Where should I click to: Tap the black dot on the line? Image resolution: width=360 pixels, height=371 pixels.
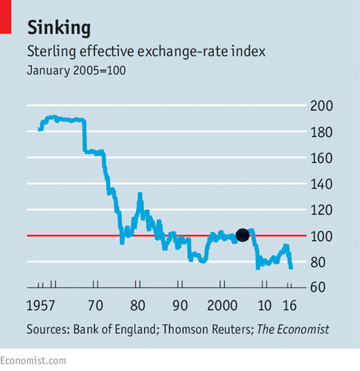coord(242,235)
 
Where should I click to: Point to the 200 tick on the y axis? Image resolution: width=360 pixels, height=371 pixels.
coord(321,106)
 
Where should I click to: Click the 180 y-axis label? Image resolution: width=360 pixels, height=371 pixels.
coord(321,132)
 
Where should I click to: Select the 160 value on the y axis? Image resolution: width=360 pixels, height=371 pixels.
coord(321,158)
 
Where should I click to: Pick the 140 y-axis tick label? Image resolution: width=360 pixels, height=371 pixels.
coord(321,184)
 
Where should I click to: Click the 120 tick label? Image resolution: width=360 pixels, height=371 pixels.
coord(321,211)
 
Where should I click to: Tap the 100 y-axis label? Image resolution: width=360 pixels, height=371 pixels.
coord(321,237)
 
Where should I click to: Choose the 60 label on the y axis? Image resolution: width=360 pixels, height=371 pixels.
coord(319,288)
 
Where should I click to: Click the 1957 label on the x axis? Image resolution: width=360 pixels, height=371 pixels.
coord(41,306)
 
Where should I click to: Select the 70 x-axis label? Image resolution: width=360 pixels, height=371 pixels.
coord(96,306)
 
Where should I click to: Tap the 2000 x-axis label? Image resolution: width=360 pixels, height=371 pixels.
coord(223,306)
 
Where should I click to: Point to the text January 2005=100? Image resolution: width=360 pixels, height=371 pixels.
coord(76,71)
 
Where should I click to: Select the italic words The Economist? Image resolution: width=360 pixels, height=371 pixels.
coord(293,330)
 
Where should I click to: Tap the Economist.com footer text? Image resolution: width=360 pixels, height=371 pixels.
coord(33,361)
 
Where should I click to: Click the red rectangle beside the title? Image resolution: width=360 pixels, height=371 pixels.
coord(5,17)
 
